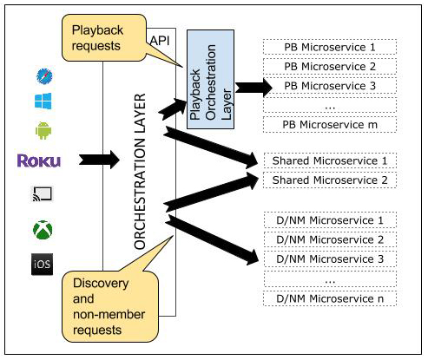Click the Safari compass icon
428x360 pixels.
pyautogui.click(x=43, y=75)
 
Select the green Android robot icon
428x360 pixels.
pyautogui.click(x=43, y=132)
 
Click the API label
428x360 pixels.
pyautogui.click(x=159, y=41)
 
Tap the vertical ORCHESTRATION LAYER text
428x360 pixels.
pyautogui.click(x=142, y=172)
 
